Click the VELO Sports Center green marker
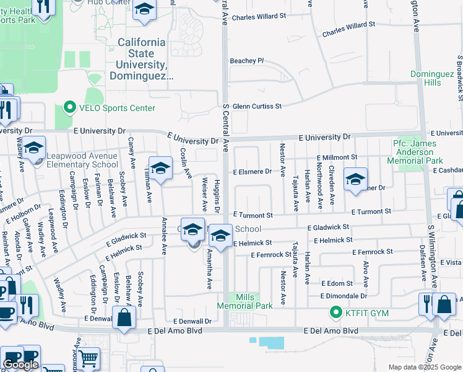coord(69,108)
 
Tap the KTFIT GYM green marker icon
coord(336,312)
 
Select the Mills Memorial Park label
coord(244,301)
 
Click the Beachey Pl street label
coord(246,61)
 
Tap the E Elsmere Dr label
coord(252,171)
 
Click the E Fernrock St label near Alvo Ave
coord(373,252)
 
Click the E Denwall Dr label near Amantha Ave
coord(192,321)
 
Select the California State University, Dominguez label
coord(142,59)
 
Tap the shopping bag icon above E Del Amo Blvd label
coord(124,318)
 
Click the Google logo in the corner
coord(20,365)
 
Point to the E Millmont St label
coord(337,158)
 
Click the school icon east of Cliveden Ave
coord(355,179)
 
